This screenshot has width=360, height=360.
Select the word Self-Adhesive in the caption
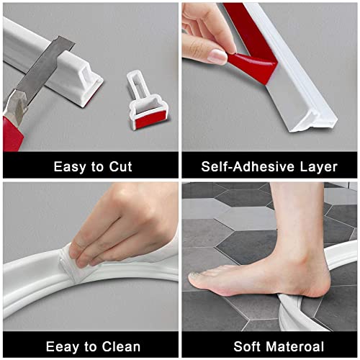pyautogui.click(x=247, y=166)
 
